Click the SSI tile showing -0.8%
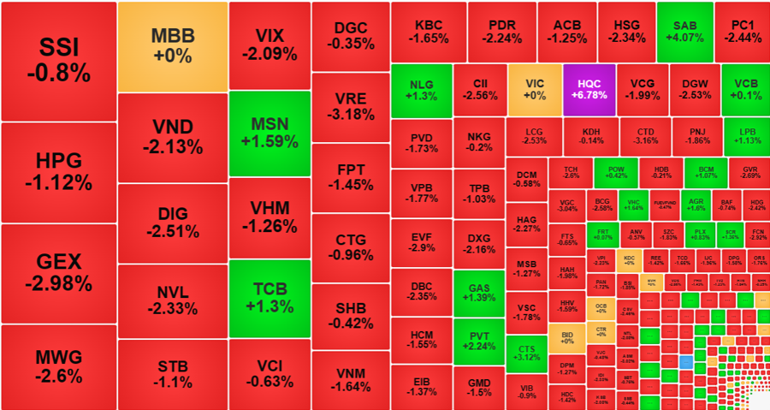[x=58, y=61]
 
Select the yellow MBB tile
[x=172, y=46]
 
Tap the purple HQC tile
[x=589, y=89]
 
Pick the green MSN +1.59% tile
[x=269, y=133]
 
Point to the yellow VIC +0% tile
[x=535, y=89]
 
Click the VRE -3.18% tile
[x=350, y=108]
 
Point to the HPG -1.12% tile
[x=58, y=171]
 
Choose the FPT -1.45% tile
[x=350, y=177]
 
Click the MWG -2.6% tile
[x=58, y=366]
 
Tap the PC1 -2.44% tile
[x=742, y=32]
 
